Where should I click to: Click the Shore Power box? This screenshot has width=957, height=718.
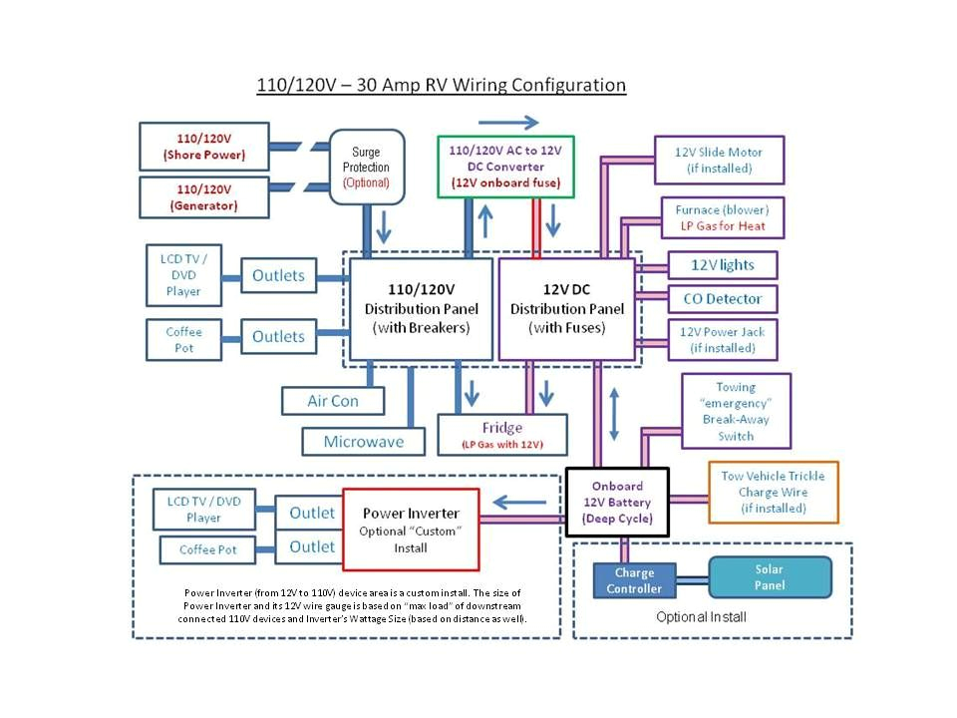(x=204, y=147)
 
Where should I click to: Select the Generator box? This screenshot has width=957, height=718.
(x=204, y=197)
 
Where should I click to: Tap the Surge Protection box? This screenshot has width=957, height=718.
(x=366, y=167)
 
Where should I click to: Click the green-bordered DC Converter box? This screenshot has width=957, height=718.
(x=505, y=167)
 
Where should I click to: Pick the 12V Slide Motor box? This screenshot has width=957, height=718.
(x=719, y=161)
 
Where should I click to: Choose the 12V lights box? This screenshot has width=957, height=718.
(x=723, y=265)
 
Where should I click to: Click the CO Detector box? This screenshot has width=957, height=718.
(x=723, y=298)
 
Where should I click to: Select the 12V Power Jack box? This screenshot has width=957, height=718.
(x=723, y=340)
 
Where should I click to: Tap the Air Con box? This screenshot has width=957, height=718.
(x=333, y=401)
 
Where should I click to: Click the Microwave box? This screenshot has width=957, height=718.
(x=364, y=441)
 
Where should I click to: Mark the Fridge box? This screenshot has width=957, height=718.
(x=502, y=435)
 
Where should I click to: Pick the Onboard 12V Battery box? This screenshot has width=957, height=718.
(x=617, y=503)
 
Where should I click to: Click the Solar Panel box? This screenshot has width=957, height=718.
(x=769, y=576)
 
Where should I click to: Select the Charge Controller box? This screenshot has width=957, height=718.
(x=634, y=580)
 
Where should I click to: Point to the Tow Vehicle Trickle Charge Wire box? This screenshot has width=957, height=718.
(x=774, y=493)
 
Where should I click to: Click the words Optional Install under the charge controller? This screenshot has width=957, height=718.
(x=701, y=617)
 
